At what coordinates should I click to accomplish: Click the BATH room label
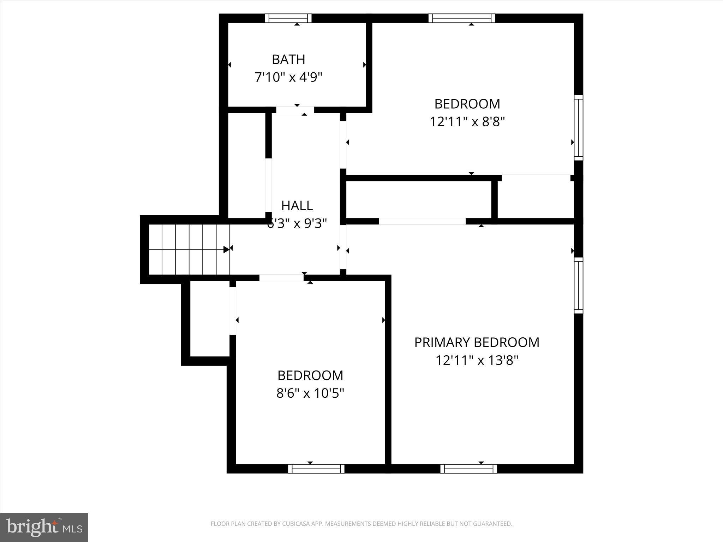288,59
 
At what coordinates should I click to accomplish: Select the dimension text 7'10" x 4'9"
288,77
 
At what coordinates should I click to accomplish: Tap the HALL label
297,205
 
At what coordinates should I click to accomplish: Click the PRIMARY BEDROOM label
477,342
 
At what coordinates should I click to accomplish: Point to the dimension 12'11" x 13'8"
477,360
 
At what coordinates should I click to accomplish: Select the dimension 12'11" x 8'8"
467,122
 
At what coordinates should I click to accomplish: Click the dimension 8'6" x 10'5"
310,393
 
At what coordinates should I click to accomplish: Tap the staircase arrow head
226,249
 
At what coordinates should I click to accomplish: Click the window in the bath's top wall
288,18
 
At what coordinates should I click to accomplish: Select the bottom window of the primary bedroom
468,469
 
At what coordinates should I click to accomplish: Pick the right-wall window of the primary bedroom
578,285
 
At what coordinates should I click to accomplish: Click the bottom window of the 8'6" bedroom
316,469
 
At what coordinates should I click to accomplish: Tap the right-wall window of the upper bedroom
578,127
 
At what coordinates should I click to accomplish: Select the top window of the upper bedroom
462,18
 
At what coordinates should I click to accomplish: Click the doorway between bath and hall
295,110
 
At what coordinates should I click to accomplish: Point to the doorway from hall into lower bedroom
281,278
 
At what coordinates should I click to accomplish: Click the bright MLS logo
44,527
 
